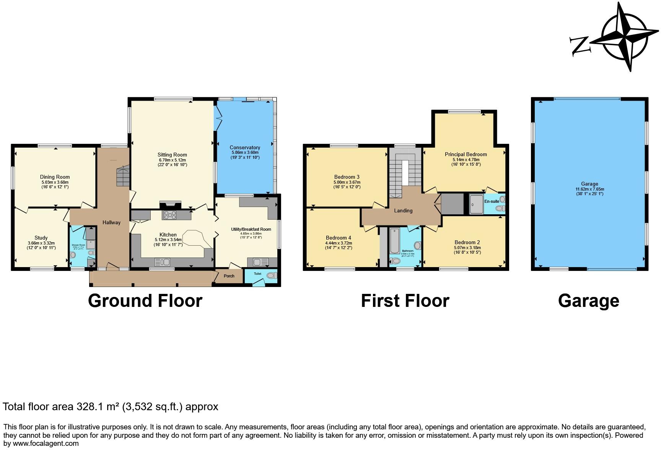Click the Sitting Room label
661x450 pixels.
(172, 155)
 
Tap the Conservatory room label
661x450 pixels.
(245, 147)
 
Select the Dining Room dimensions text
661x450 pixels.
(55, 184)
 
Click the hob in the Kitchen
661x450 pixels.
(170, 215)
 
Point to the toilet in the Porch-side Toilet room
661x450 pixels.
(271, 276)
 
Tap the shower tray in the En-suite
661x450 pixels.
(477, 204)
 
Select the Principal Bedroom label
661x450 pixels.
(466, 155)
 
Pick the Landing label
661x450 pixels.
(403, 210)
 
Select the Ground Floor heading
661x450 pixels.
(145, 301)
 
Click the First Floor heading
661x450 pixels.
(405, 301)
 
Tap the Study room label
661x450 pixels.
(41, 238)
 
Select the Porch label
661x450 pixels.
(229, 276)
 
